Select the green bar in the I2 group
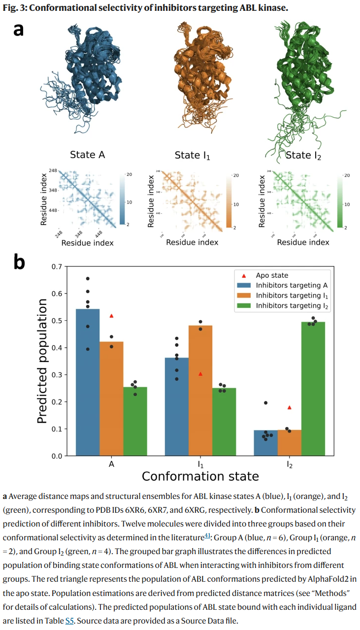click(x=313, y=389)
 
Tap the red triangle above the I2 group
click(x=290, y=407)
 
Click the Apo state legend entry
click(x=272, y=275)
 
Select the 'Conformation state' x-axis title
click(x=200, y=476)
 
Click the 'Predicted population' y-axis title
click(x=43, y=362)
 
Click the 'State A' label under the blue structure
click(x=88, y=155)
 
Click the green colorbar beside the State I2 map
click(x=338, y=202)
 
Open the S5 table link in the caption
click(x=69, y=607)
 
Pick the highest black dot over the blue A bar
click(x=88, y=279)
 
